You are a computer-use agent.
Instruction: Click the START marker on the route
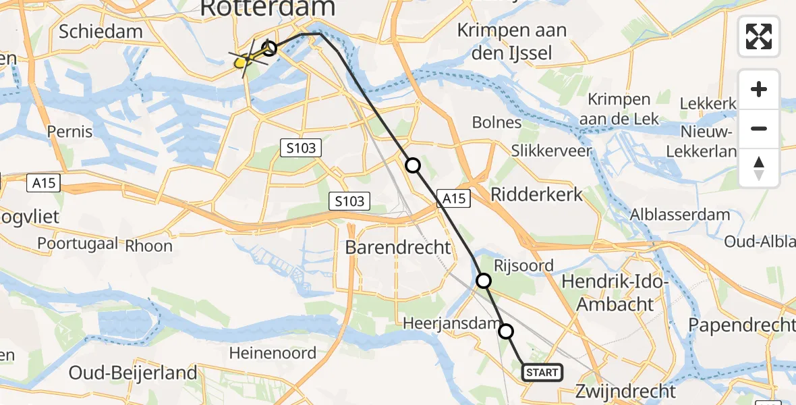coord(542,373)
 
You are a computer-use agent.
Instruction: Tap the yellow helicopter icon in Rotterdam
coord(243,61)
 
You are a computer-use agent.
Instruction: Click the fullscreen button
coord(759,36)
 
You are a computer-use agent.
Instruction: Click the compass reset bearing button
coord(759,168)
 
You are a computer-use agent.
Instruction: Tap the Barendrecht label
coord(397,247)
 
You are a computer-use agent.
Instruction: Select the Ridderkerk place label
coord(536,195)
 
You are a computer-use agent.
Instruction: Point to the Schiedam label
coord(101,31)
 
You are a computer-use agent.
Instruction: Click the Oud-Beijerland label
coord(134,373)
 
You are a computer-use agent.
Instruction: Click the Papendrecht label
coord(741,325)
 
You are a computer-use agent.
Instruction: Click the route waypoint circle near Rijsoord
coord(483,280)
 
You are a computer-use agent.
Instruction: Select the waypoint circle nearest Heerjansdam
coord(505,331)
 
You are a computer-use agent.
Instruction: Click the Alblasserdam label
coord(679,215)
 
